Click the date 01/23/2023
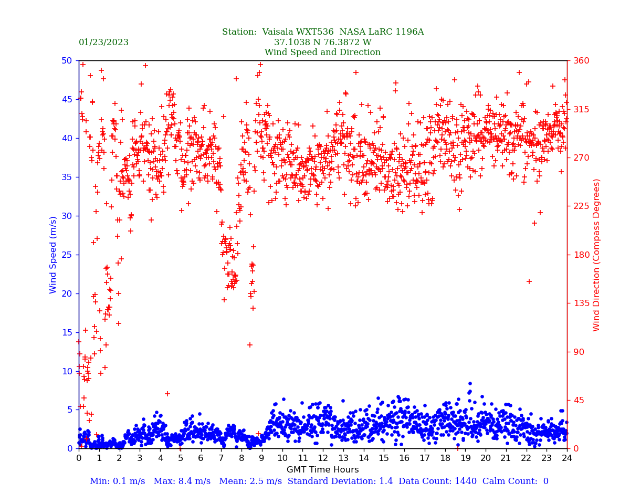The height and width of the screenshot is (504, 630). click(x=103, y=43)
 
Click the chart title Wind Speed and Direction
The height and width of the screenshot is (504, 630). click(x=322, y=52)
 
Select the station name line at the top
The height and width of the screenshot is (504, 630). click(x=322, y=32)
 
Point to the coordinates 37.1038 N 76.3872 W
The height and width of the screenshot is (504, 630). click(x=322, y=43)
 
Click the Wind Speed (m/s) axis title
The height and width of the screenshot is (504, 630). click(x=54, y=255)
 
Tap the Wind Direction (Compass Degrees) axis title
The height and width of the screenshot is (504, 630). click(x=596, y=255)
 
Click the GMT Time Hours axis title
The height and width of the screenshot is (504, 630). click(x=322, y=470)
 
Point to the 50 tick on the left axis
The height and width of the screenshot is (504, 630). click(x=67, y=60)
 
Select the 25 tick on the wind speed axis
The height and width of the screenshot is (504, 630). click(x=67, y=255)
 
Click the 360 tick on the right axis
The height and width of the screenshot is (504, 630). click(x=581, y=60)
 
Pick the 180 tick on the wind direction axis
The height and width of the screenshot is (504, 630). click(x=581, y=255)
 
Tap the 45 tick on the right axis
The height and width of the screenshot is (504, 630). click(x=578, y=400)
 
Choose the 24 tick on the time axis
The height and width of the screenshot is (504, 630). click(x=567, y=458)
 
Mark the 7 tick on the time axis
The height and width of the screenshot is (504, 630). click(x=221, y=458)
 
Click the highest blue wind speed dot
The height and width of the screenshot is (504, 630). click(x=470, y=384)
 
